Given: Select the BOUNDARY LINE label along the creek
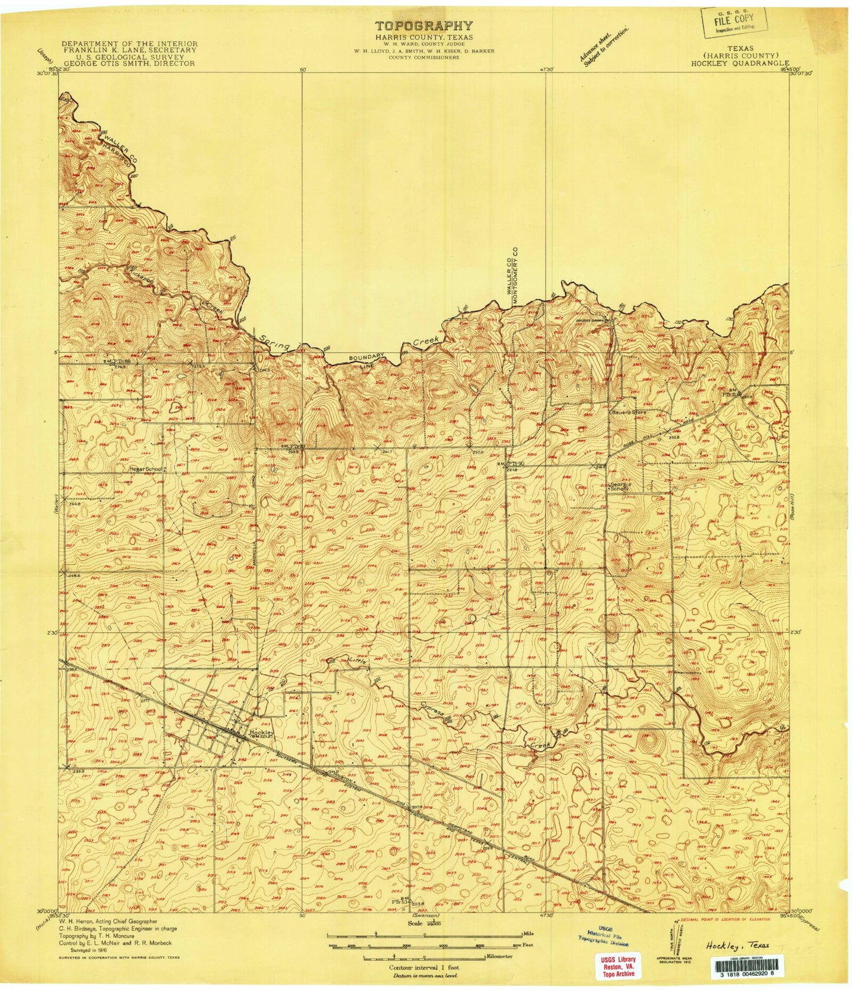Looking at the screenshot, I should (x=366, y=360).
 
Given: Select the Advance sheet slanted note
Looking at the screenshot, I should (x=603, y=47).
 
